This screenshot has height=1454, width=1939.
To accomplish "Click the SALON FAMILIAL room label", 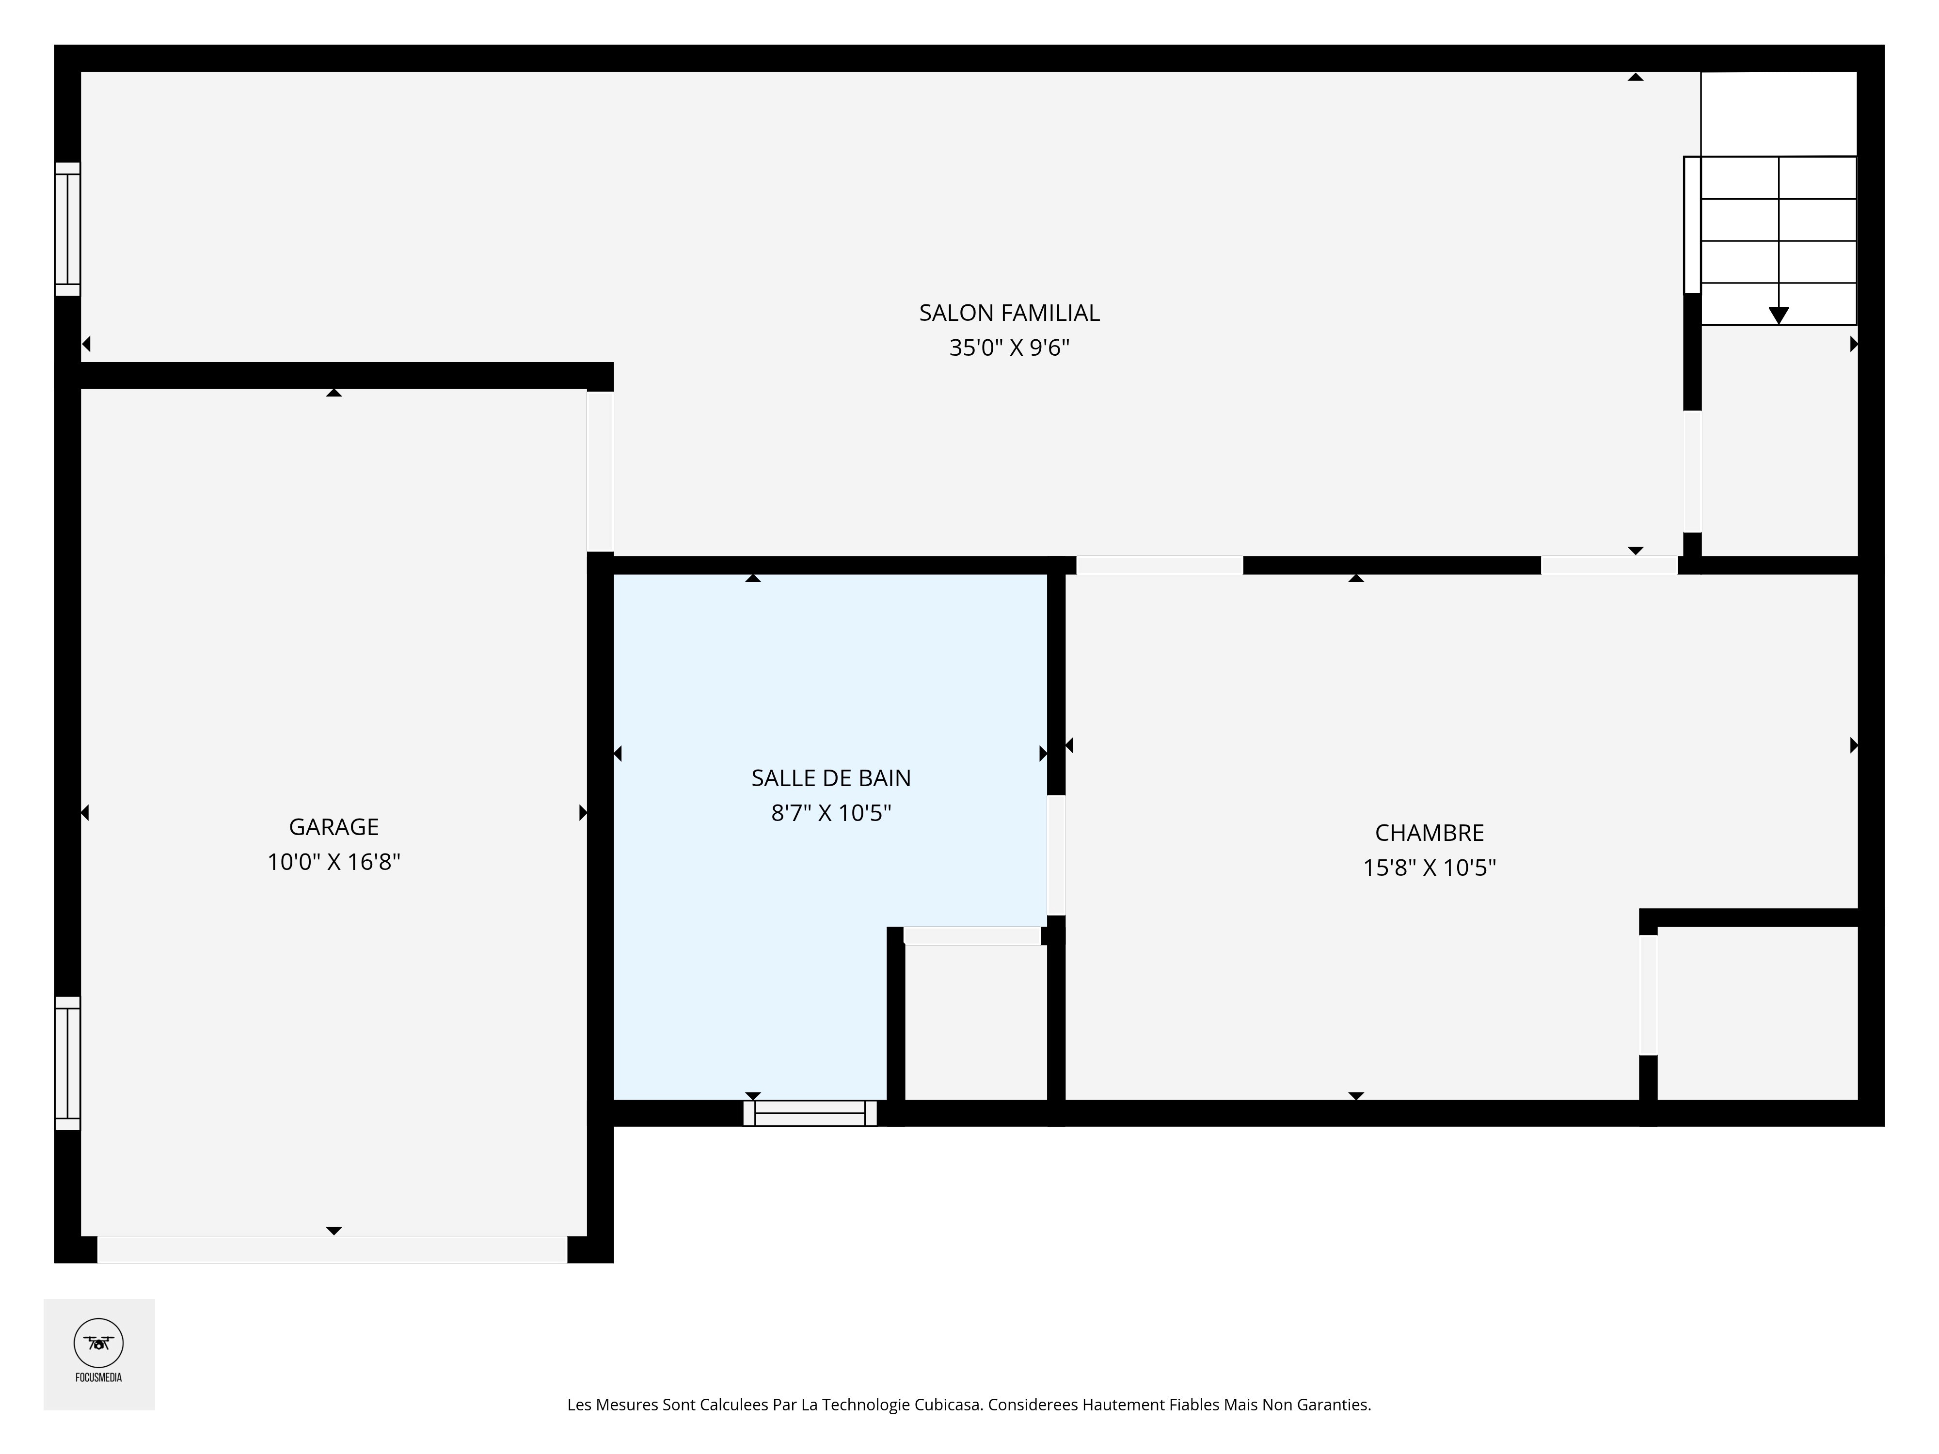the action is point(1009,313).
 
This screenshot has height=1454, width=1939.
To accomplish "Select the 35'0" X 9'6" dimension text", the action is point(1009,348).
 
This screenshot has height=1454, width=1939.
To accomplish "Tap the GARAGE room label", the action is point(334,826).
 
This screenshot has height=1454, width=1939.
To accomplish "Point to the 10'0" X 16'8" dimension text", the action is point(334,862).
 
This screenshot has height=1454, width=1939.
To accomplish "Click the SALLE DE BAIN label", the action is point(831,778).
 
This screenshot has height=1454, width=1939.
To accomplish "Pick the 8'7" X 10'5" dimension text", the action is point(831,813).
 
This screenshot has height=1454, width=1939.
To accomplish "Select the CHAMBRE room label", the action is point(1429,833).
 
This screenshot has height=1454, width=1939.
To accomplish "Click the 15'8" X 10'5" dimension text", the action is point(1429,868).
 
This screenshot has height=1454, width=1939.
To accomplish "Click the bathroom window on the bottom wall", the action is point(810,1113).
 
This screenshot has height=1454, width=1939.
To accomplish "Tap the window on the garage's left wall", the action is point(67,1063).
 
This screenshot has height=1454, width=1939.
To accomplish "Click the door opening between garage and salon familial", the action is point(601,472).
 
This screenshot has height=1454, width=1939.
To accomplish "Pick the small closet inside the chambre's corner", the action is point(1758,1013).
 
